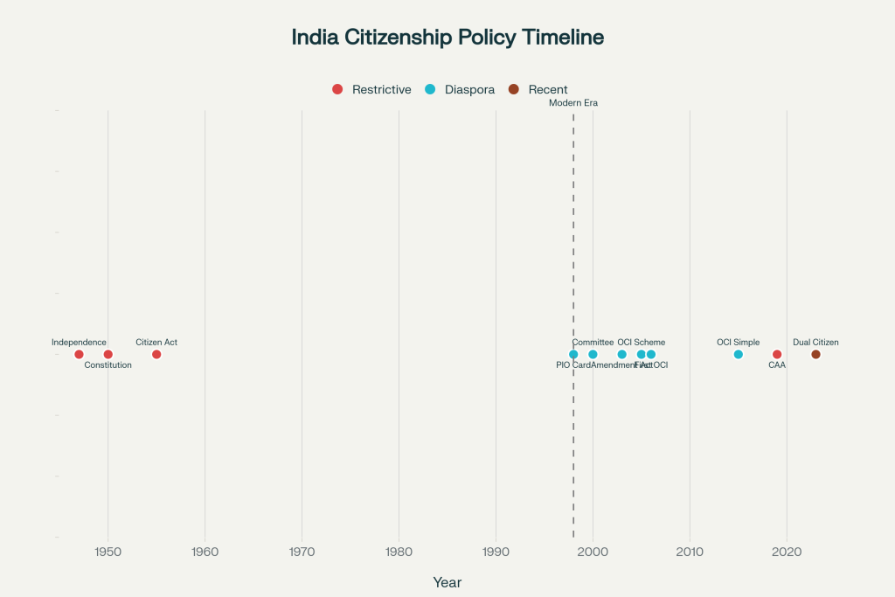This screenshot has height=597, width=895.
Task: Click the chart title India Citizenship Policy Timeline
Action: pyautogui.click(x=447, y=38)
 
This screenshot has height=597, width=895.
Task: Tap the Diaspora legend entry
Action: pyautogui.click(x=460, y=89)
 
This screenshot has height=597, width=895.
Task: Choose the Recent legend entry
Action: pyautogui.click(x=538, y=89)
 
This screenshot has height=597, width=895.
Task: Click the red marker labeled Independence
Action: pyautogui.click(x=79, y=354)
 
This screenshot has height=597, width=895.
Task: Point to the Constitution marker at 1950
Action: pyautogui.click(x=108, y=354)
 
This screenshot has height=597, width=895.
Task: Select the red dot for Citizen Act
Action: pyautogui.click(x=156, y=354)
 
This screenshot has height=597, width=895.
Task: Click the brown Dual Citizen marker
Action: pyautogui.click(x=815, y=354)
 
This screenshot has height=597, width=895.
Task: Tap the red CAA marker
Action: pyautogui.click(x=777, y=354)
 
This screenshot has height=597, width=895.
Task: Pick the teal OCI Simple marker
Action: pyautogui.click(x=739, y=354)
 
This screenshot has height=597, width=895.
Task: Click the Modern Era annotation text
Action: pyautogui.click(x=573, y=103)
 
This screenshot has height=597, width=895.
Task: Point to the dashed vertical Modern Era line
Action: pyautogui.click(x=573, y=219)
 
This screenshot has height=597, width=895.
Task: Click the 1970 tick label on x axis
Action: pyautogui.click(x=302, y=552)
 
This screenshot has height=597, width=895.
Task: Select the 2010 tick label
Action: pyautogui.click(x=690, y=552)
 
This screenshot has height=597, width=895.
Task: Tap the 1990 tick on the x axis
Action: pyautogui.click(x=496, y=552)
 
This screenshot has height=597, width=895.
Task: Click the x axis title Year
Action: pyautogui.click(x=447, y=582)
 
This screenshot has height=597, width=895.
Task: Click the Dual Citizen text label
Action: pyautogui.click(x=815, y=343)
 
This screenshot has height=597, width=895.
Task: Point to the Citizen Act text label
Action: pyautogui.click(x=156, y=343)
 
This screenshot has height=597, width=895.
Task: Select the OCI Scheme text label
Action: pyautogui.click(x=641, y=343)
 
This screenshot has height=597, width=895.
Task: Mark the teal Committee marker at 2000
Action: pyautogui.click(x=593, y=354)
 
